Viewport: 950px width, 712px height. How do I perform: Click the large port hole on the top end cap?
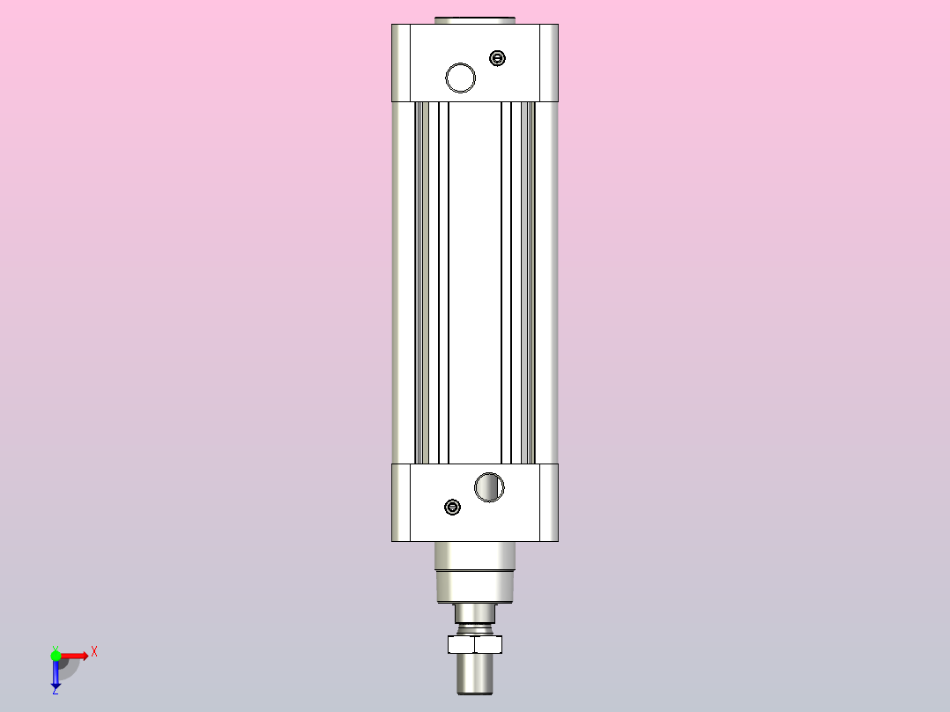click(460, 78)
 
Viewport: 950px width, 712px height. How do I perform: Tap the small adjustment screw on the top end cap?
click(498, 59)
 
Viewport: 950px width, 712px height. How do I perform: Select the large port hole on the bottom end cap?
click(489, 486)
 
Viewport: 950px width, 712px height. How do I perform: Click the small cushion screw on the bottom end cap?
click(453, 507)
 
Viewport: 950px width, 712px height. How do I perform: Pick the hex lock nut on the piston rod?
click(475, 644)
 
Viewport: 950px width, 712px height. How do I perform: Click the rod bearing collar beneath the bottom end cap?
click(475, 573)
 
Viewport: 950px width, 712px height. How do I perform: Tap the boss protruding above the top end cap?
click(475, 19)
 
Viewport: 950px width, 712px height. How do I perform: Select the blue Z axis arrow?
click(56, 675)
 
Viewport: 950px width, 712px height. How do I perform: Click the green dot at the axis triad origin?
click(56, 655)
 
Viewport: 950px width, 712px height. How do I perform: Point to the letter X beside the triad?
click(93, 652)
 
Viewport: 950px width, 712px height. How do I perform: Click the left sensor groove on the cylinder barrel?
click(423, 282)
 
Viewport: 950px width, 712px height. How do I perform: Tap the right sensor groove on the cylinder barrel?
click(528, 282)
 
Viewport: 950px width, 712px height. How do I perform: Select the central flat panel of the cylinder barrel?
click(475, 282)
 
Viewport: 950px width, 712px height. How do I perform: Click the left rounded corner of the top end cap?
click(401, 62)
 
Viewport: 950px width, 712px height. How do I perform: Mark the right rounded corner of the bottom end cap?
click(549, 502)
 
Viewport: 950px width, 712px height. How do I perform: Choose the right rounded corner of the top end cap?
click(549, 62)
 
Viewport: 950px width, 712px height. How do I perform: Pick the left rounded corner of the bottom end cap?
click(401, 502)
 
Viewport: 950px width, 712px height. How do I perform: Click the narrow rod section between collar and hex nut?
click(475, 614)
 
